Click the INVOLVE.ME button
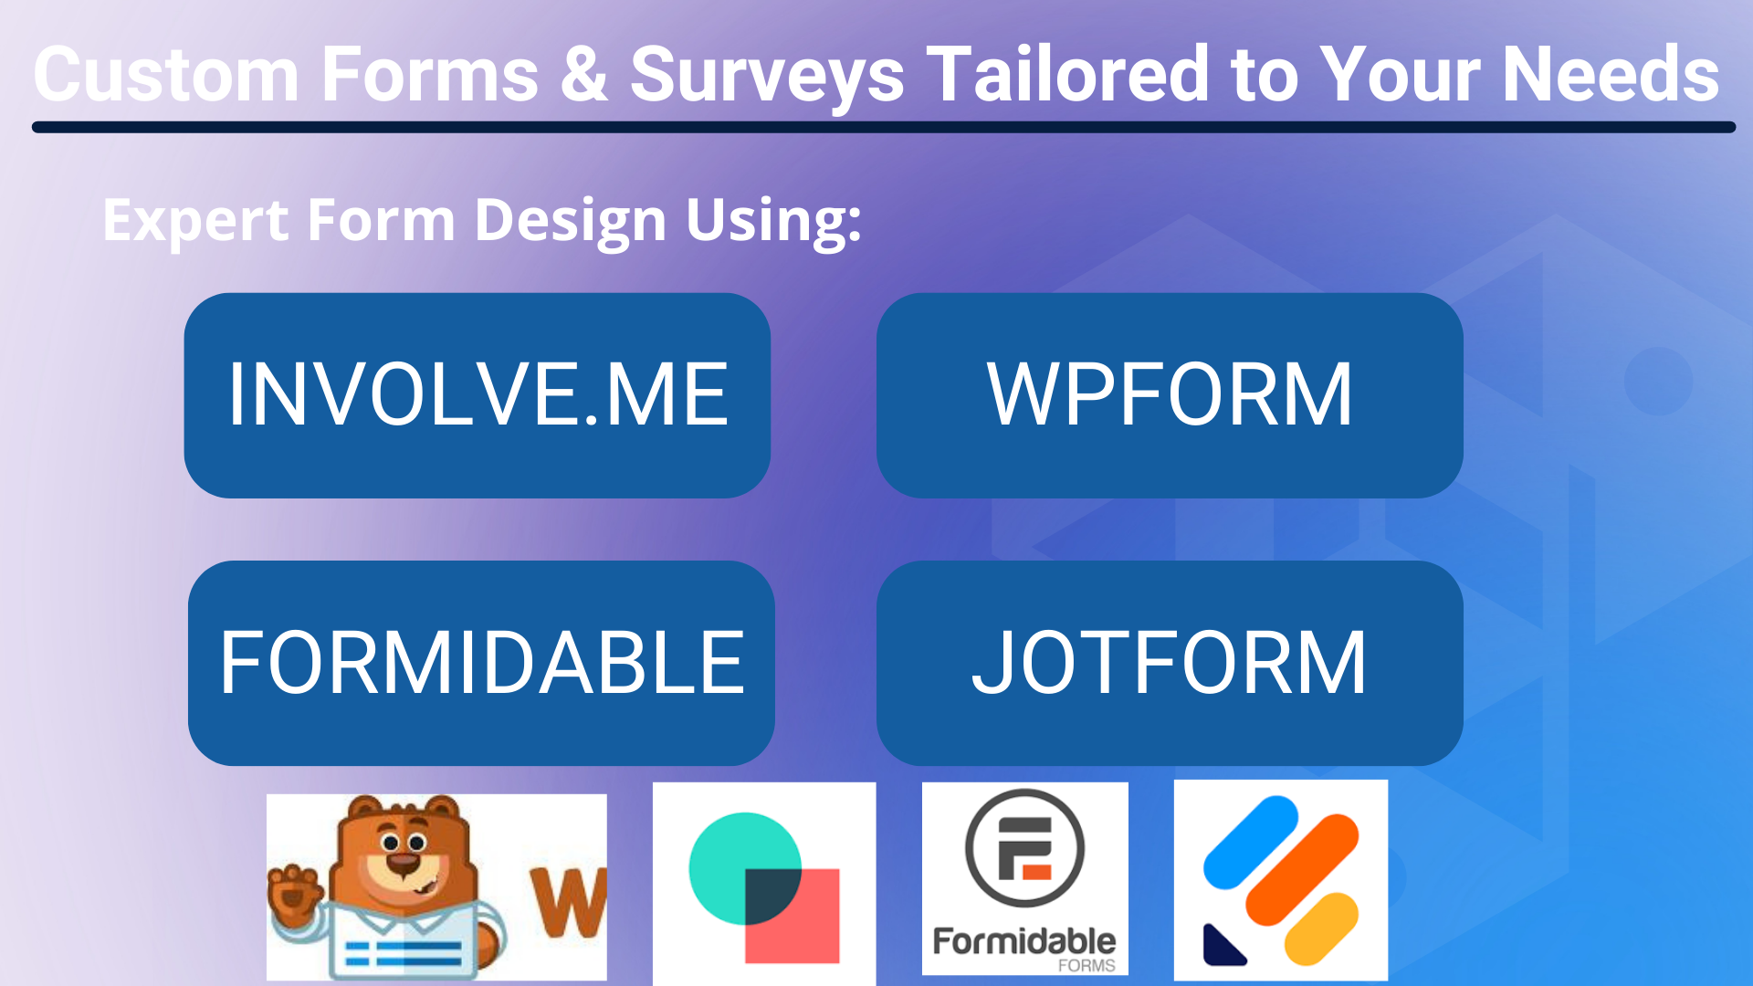(477, 394)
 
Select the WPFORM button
(1169, 394)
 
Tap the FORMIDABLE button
(481, 663)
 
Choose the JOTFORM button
(1169, 663)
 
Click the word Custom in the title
(166, 75)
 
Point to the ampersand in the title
(583, 75)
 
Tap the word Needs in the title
(1611, 75)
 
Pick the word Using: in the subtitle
(773, 221)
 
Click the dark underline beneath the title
(883, 128)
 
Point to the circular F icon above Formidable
(1024, 847)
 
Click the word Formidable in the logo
(1023, 941)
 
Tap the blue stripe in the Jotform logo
(1250, 842)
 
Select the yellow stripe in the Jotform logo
(1320, 928)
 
